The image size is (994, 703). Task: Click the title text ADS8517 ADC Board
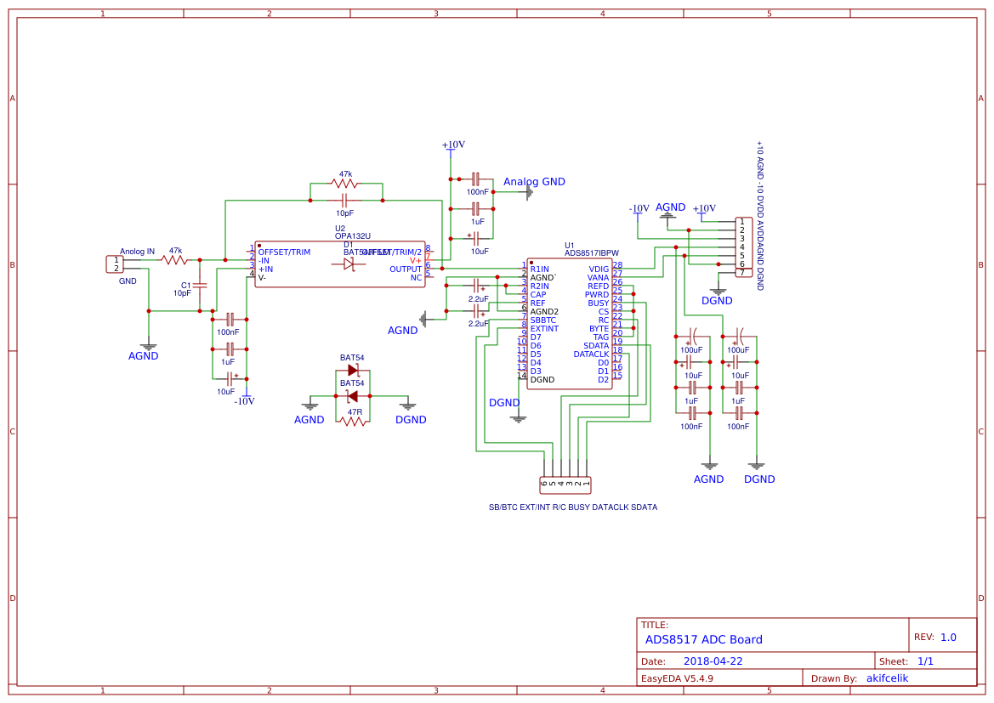tap(703, 639)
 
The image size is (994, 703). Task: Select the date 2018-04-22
tap(713, 660)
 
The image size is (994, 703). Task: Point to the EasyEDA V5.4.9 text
tap(677, 678)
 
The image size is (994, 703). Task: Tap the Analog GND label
tap(534, 182)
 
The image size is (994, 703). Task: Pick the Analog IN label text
tap(137, 252)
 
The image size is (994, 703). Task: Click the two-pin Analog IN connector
tap(113, 264)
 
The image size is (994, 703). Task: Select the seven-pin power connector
tap(743, 247)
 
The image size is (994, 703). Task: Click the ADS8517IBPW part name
tap(592, 252)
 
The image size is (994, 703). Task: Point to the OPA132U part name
tap(352, 235)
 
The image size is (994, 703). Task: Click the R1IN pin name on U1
tap(539, 269)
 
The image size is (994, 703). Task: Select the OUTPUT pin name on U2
tap(406, 269)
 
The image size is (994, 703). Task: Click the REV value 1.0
tap(948, 637)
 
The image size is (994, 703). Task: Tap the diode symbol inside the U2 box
tap(349, 264)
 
